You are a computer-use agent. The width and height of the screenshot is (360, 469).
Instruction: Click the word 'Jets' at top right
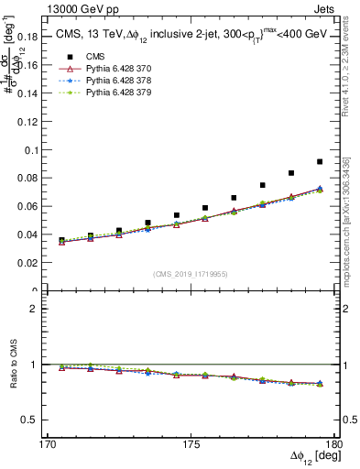(x=328, y=8)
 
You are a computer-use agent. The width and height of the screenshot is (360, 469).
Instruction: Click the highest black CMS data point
(x=320, y=161)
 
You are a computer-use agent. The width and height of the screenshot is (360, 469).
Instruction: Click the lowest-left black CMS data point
(x=61, y=240)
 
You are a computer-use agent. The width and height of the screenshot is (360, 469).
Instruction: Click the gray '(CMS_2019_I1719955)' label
(x=191, y=273)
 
